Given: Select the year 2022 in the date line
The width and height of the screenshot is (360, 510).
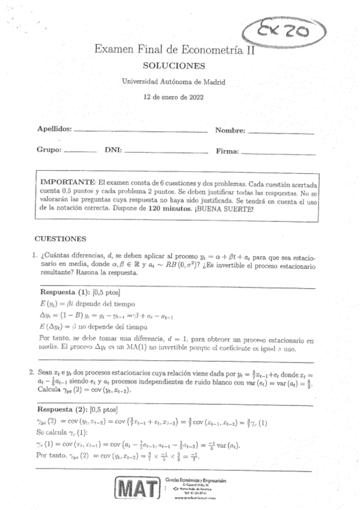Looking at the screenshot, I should click(x=195, y=96).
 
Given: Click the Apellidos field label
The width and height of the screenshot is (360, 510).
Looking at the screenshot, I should click(x=54, y=129).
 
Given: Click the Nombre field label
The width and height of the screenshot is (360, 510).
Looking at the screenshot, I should click(x=230, y=131).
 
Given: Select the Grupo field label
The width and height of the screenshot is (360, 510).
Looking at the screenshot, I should click(x=49, y=150).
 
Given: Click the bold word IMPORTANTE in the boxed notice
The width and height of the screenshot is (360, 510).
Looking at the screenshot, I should click(x=67, y=181).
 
